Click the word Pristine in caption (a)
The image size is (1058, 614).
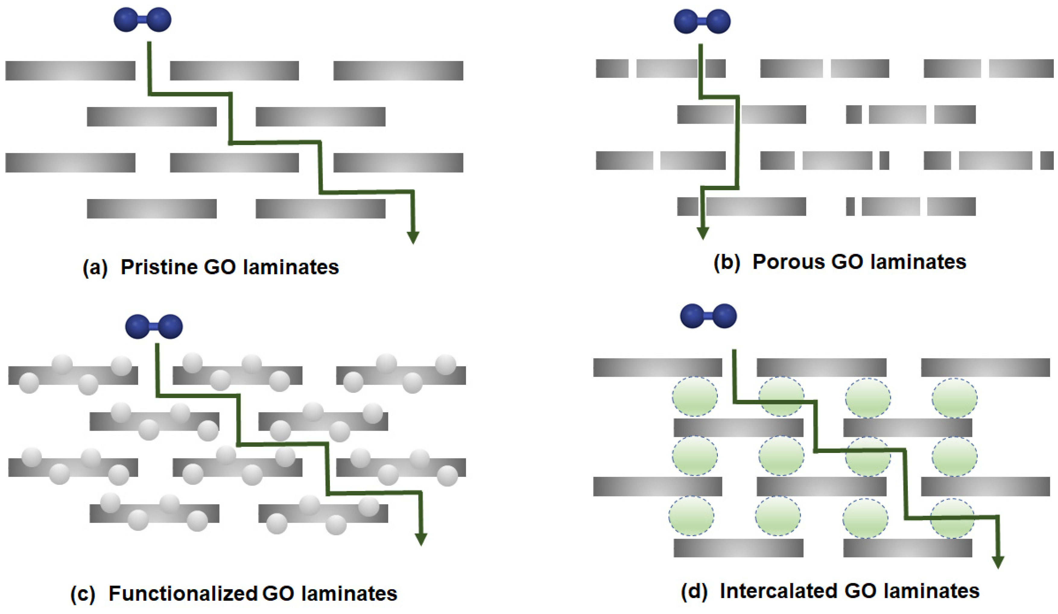pos(159,267)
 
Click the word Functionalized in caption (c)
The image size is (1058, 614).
pos(183,593)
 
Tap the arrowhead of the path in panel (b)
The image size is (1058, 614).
pos(703,233)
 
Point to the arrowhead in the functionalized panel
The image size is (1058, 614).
pos(421,539)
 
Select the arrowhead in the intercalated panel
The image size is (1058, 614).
pos(998,562)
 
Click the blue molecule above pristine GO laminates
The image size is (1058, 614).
pos(142,20)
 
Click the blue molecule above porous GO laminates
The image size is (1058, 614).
pos(702,21)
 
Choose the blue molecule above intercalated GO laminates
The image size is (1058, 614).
pos(708,316)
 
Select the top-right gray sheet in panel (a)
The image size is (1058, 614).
pos(398,71)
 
